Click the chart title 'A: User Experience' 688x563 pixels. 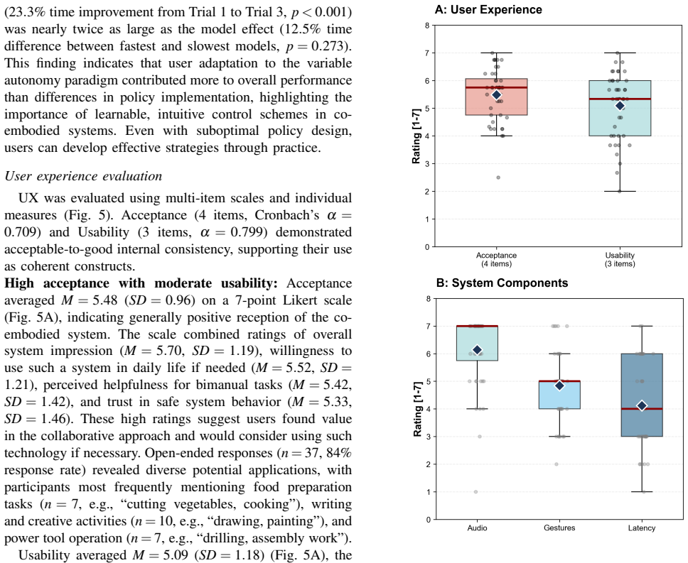point(488,10)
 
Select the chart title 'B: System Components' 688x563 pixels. point(502,283)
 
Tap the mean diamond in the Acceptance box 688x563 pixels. point(496,95)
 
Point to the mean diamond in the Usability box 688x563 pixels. point(620,106)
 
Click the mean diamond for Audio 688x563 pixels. point(478,349)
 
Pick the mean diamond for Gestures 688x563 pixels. point(559,385)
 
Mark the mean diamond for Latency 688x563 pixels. point(642,405)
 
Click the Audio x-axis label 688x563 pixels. point(478,528)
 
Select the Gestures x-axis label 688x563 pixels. point(559,528)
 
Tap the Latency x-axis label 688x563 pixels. point(642,528)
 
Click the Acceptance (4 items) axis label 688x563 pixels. point(496,259)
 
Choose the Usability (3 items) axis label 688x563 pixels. point(620,259)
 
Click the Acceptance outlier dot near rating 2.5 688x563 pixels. point(498,177)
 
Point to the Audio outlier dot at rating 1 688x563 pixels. point(475,491)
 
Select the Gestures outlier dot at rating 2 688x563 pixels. point(557,464)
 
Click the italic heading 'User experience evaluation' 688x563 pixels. point(83,176)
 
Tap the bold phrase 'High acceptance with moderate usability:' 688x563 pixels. point(141,283)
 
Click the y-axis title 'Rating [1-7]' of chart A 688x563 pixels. point(416,136)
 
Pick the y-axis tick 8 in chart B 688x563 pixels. point(428,299)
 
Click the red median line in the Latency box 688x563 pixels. point(642,409)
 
